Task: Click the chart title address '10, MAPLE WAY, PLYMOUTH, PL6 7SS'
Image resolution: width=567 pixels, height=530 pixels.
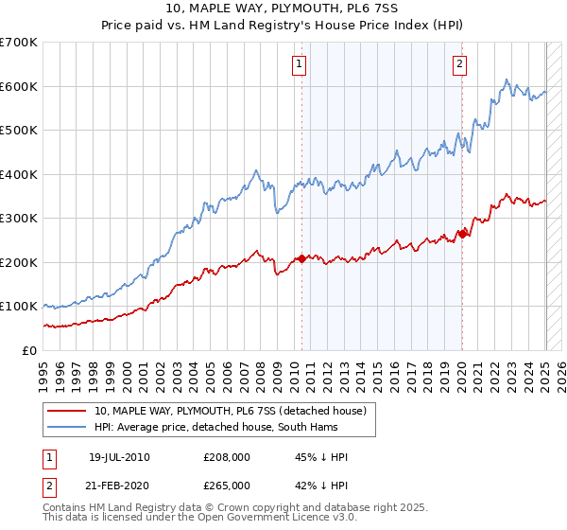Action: [x=283, y=10]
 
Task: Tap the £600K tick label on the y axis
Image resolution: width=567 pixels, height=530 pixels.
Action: [x=19, y=87]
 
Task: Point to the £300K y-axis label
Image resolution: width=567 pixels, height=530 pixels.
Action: [x=19, y=219]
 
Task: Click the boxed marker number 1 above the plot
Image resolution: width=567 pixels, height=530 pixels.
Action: [x=300, y=64]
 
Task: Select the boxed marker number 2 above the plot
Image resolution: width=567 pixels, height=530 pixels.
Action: [x=459, y=64]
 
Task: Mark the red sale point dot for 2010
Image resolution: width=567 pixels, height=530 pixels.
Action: [x=301, y=258]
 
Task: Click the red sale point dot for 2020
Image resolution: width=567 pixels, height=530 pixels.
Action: [x=462, y=234]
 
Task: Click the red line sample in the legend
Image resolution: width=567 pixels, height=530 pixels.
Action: [x=67, y=411]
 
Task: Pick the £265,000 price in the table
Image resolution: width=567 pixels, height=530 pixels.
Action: [x=227, y=486]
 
